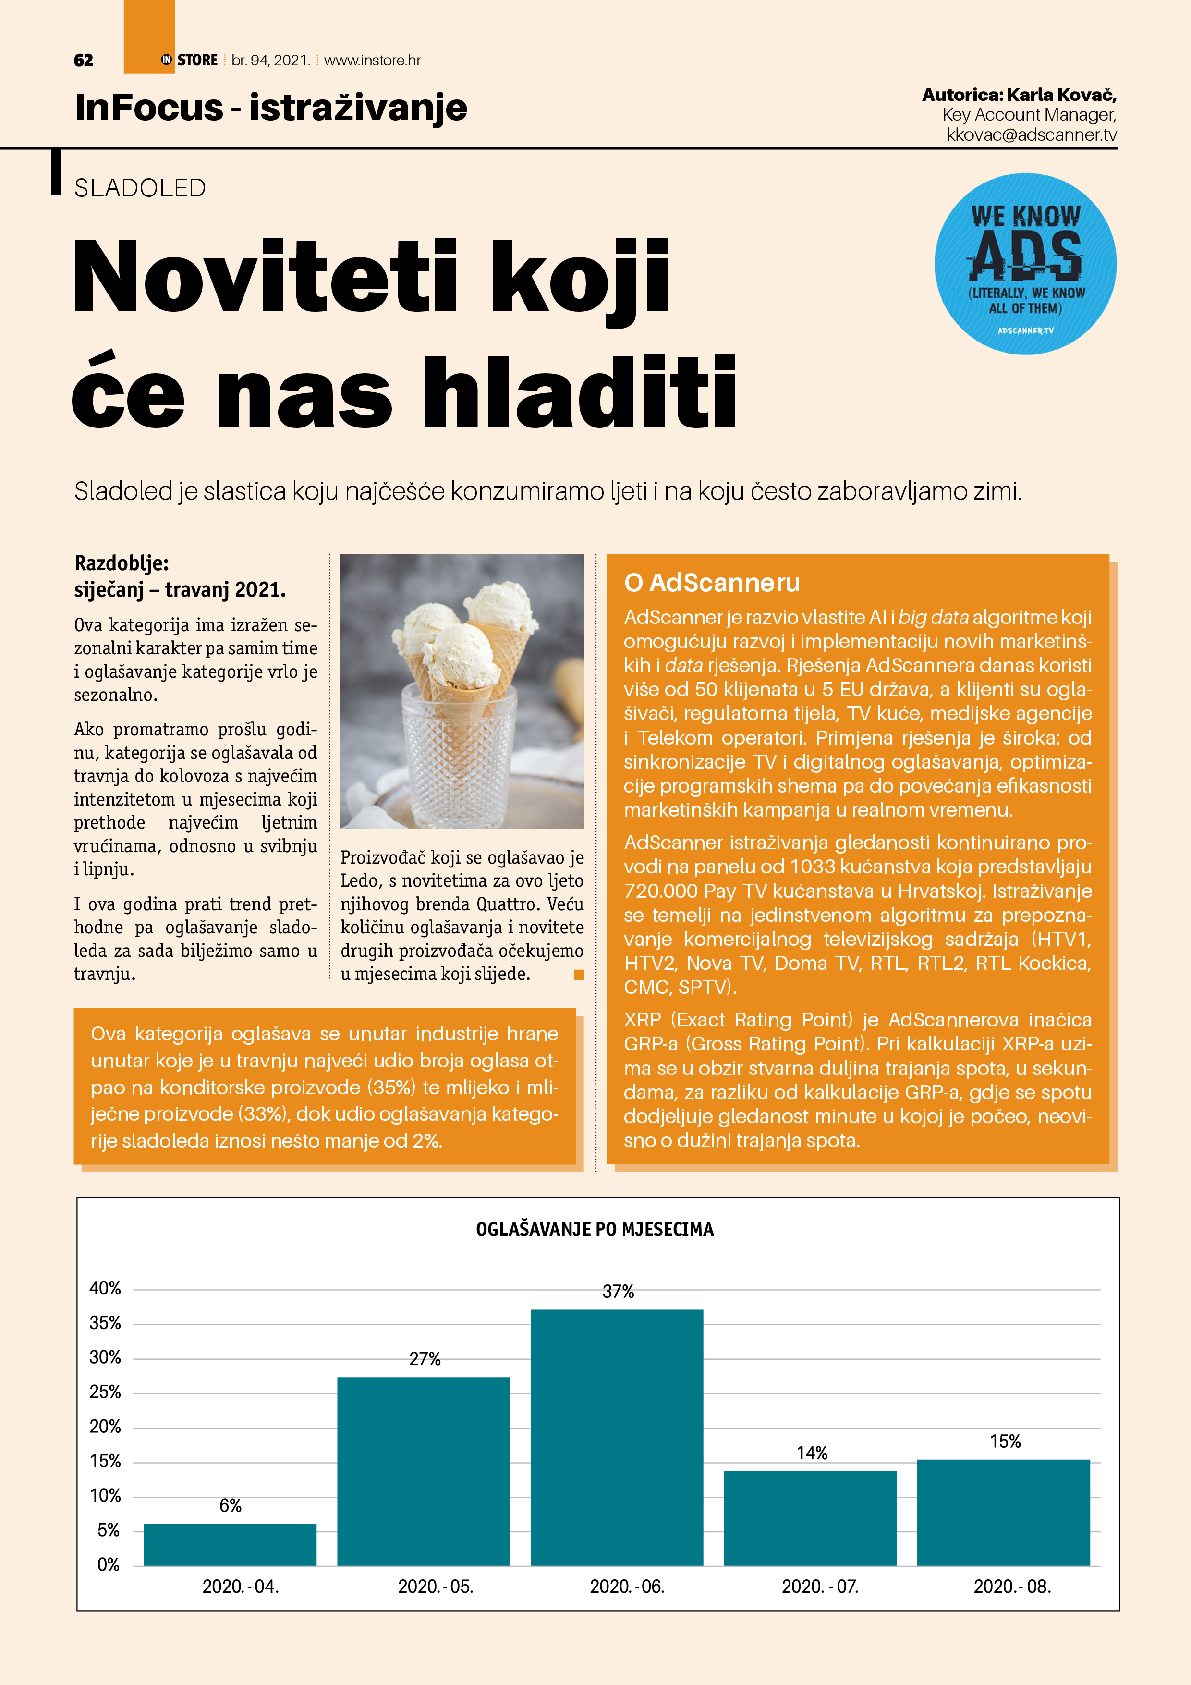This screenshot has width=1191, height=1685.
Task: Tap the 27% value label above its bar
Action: [425, 1359]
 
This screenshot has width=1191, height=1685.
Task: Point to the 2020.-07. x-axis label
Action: [820, 1587]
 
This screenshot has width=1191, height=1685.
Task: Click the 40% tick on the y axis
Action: [105, 1289]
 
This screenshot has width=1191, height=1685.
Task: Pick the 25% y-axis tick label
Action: [105, 1392]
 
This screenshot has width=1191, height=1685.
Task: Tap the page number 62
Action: [84, 60]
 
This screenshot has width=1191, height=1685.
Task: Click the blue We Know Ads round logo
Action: [1025, 264]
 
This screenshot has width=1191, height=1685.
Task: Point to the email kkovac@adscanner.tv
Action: [1031, 135]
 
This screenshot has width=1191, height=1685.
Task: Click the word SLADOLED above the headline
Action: [140, 189]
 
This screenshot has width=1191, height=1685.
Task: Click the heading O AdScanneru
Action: [712, 583]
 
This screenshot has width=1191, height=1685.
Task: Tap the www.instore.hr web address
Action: [372, 60]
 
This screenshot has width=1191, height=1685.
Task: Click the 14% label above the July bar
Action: [812, 1453]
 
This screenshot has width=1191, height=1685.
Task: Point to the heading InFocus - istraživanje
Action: [271, 108]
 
